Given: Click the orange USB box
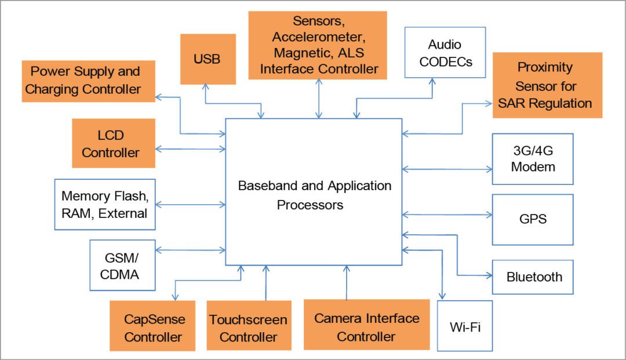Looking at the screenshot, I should point(208,59).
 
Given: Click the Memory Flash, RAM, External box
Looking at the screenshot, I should point(104,204).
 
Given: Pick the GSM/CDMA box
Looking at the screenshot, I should point(122,265).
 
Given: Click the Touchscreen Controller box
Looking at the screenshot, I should point(248,328).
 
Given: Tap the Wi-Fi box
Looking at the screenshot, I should point(465,326).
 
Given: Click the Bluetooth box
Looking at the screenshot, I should point(533,277).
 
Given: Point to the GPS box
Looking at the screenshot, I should point(533,220).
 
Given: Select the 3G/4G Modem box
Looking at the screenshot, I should point(533,158).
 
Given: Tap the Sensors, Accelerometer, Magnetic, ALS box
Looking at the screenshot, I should point(318,45).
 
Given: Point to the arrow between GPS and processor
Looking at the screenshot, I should point(446,214).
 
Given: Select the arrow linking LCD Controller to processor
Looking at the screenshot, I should point(191,149).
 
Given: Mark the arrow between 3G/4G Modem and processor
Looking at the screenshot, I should point(446,169).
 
